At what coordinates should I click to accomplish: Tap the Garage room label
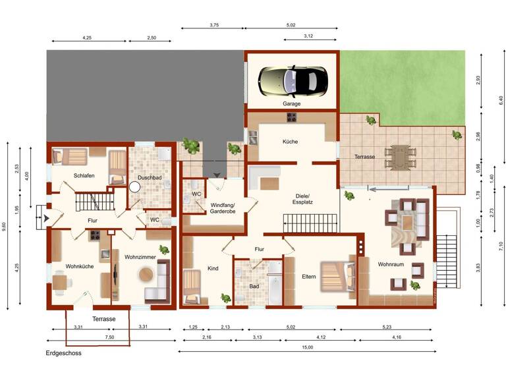292,104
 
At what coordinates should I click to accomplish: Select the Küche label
291,142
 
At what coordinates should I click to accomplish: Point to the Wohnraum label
391,264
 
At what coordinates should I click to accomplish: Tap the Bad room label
254,287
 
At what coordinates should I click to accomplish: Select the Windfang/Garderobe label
227,209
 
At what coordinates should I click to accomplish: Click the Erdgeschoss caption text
63,354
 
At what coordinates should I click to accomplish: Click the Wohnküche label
79,266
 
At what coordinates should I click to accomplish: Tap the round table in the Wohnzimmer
144,273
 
